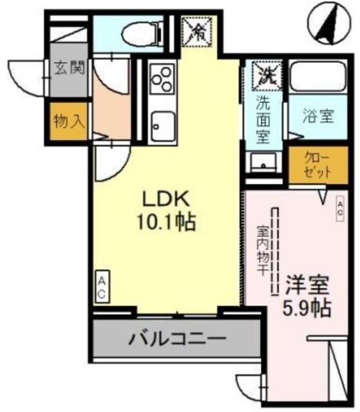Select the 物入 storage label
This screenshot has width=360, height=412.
point(70,120)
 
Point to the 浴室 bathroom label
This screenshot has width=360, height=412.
point(319,117)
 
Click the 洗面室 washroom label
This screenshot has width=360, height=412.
point(263,119)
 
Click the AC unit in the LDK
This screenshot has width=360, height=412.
point(102,286)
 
